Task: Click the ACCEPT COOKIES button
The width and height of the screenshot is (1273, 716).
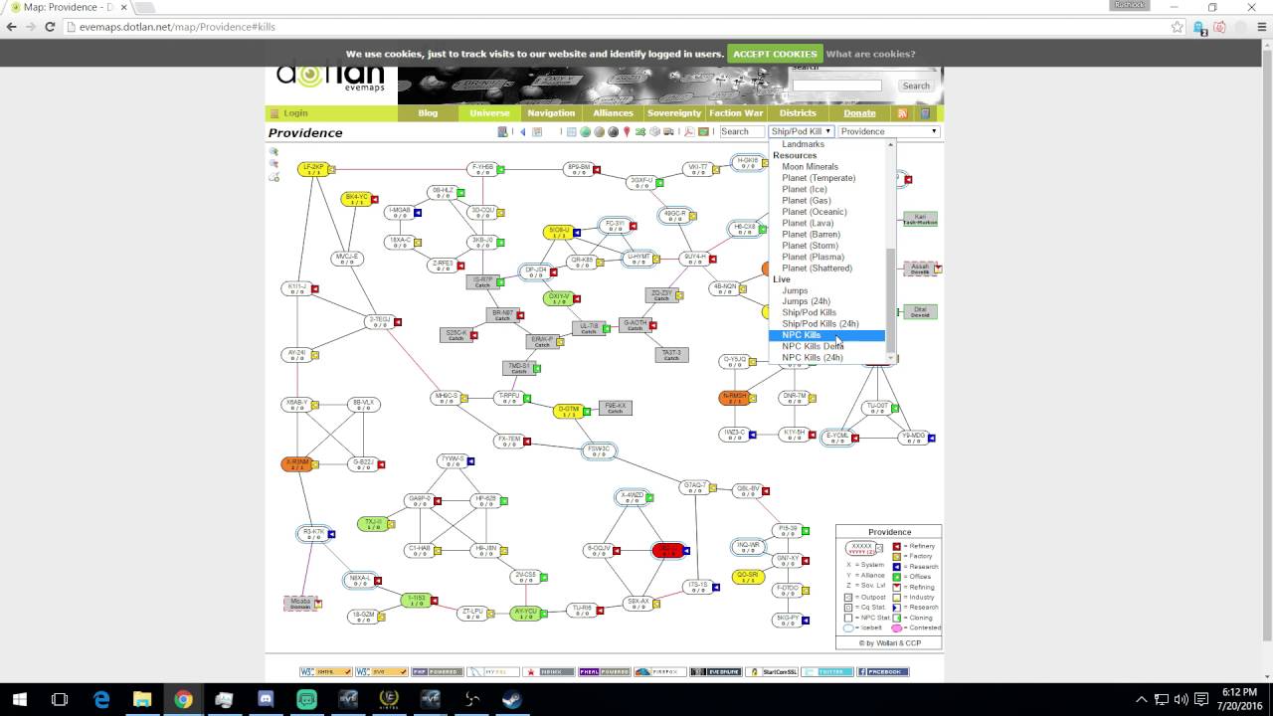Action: pyautogui.click(x=775, y=54)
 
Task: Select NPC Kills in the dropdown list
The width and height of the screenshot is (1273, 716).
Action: pyautogui.click(x=802, y=335)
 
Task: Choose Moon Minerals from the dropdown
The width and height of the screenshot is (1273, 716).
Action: pyautogui.click(x=810, y=167)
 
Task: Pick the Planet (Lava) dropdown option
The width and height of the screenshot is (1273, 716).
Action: pyautogui.click(x=808, y=223)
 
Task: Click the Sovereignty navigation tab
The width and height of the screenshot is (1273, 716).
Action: pyautogui.click(x=673, y=113)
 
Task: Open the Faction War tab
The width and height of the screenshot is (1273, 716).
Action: pyautogui.click(x=736, y=113)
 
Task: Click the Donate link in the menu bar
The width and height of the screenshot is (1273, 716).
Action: pyautogui.click(x=859, y=113)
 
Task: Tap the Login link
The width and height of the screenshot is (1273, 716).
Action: pyautogui.click(x=295, y=113)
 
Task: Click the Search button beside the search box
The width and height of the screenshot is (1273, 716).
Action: pyautogui.click(x=915, y=86)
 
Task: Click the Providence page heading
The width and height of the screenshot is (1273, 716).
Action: pyautogui.click(x=305, y=133)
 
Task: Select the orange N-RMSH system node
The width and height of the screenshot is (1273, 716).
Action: pyautogui.click(x=734, y=398)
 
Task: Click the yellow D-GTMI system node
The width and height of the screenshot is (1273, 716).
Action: pyautogui.click(x=568, y=411)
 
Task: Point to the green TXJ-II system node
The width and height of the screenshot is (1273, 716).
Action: pyautogui.click(x=372, y=523)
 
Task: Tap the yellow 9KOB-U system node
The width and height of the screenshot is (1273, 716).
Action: pyautogui.click(x=559, y=232)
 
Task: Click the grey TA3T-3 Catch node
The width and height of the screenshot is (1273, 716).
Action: pyautogui.click(x=671, y=354)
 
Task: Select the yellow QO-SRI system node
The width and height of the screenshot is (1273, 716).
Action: pyautogui.click(x=748, y=577)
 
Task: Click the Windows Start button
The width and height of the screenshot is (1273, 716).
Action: pyautogui.click(x=20, y=699)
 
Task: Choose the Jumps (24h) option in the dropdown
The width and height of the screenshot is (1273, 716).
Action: pyautogui.click(x=806, y=301)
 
